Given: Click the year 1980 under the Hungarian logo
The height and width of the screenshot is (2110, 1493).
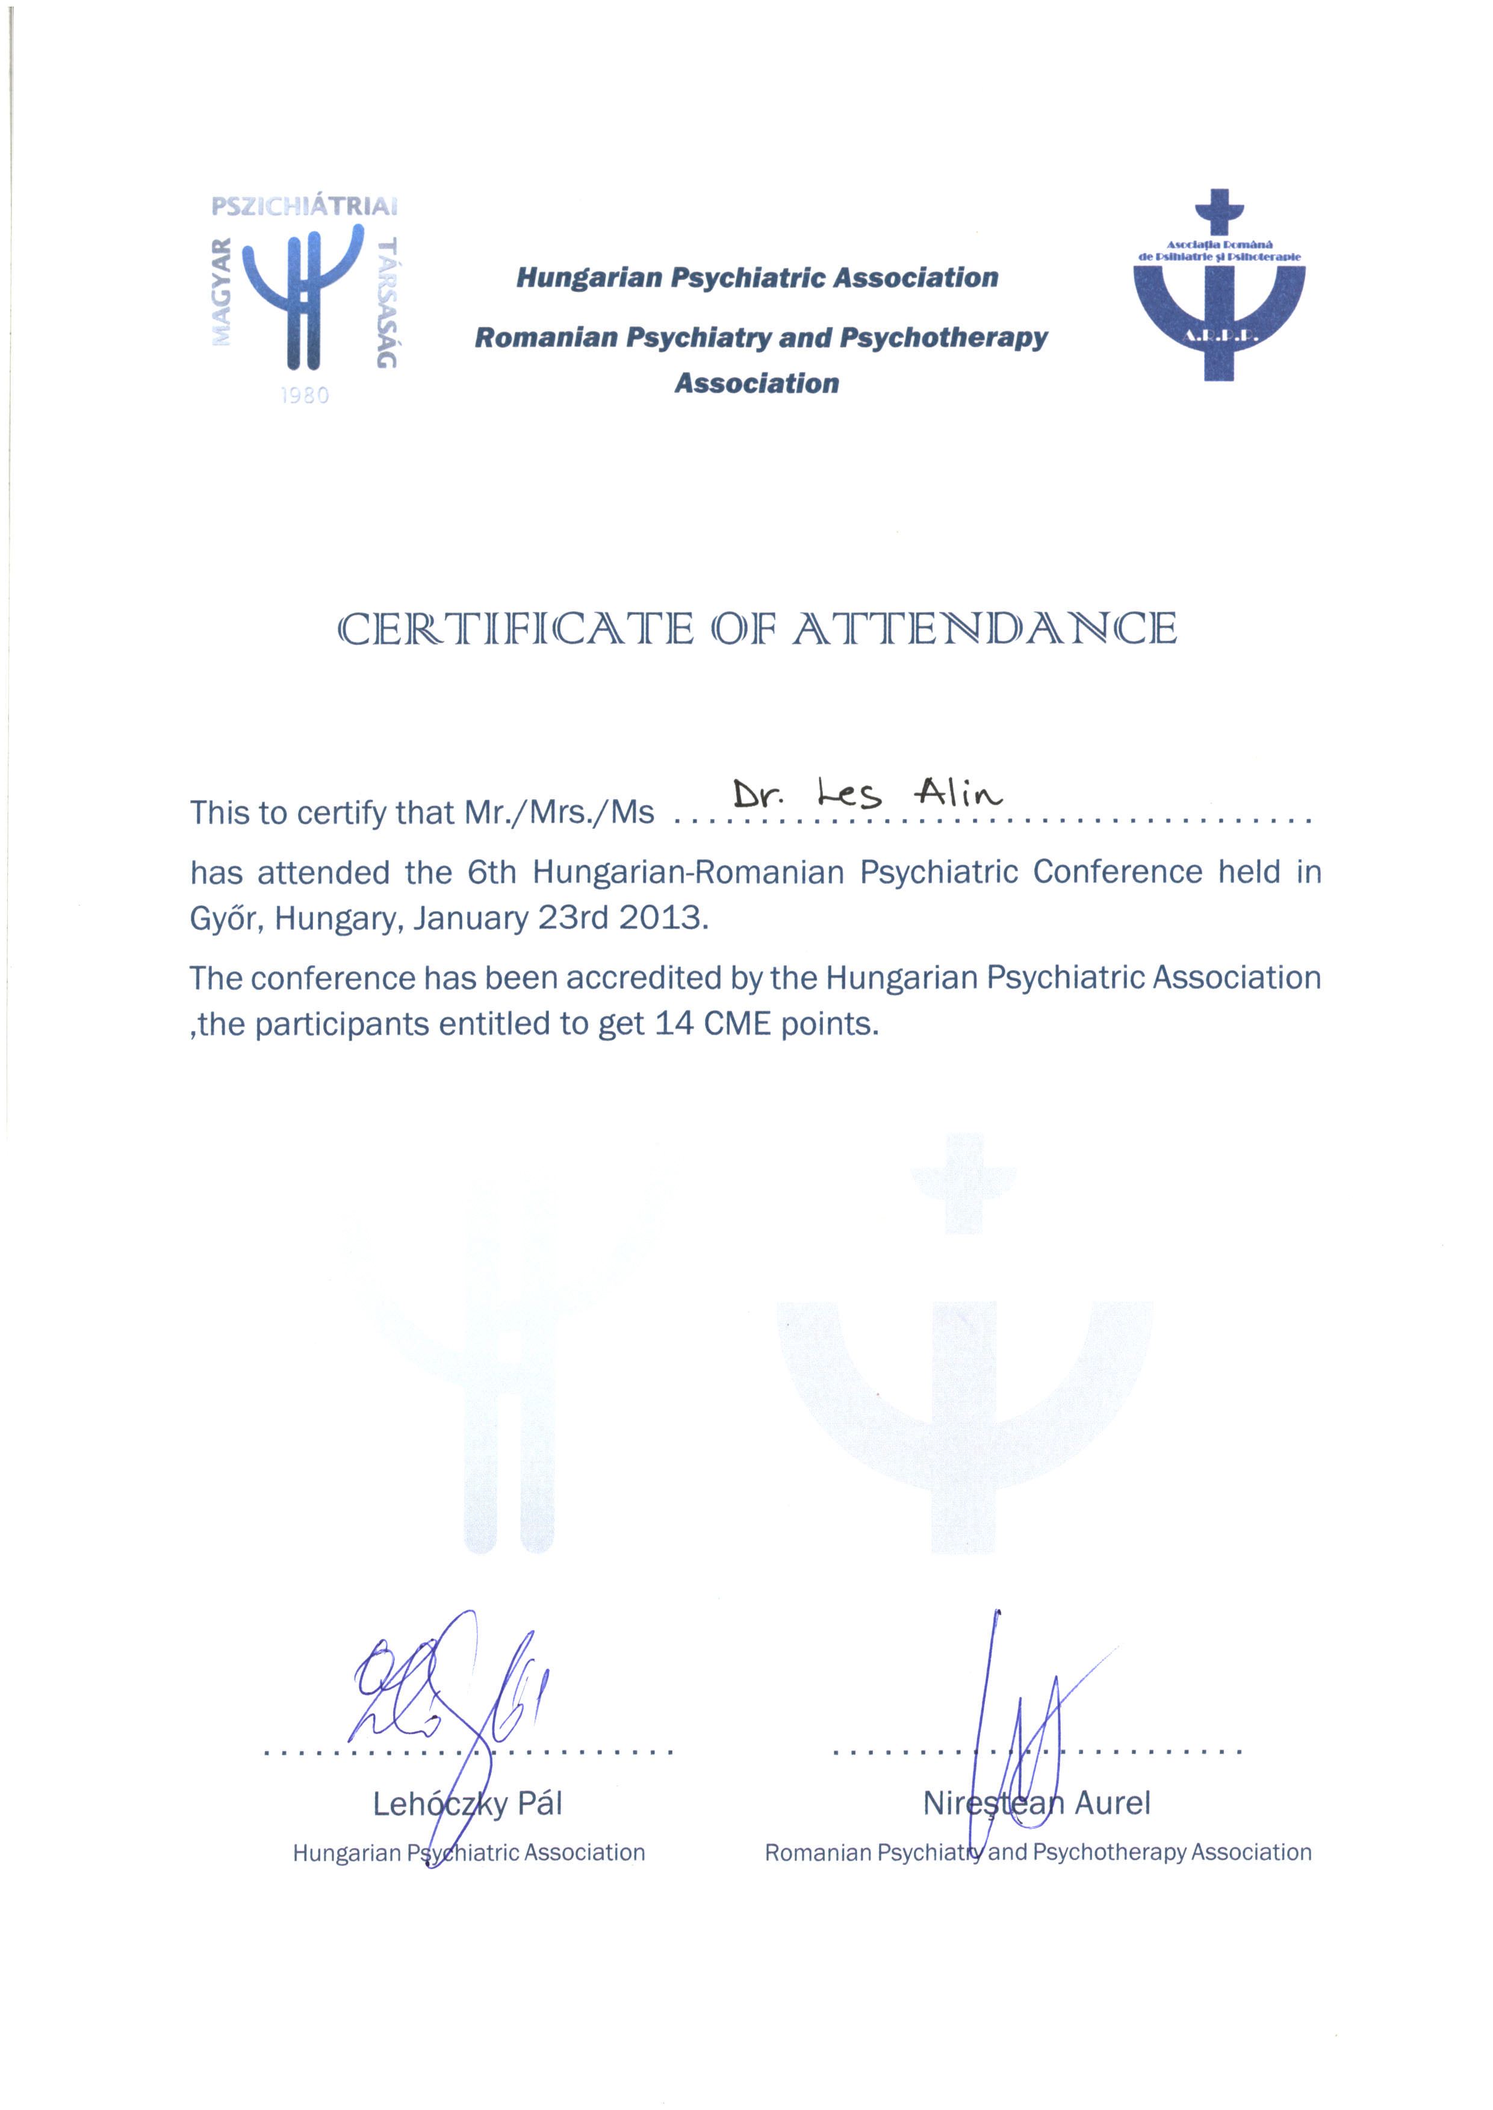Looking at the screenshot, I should pos(304,396).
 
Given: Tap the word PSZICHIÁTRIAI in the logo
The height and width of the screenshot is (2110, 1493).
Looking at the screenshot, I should pos(304,206).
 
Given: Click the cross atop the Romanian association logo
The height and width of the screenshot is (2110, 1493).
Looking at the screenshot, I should pos(1219,213).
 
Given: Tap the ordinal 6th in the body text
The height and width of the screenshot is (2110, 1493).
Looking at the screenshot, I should pos(492,871).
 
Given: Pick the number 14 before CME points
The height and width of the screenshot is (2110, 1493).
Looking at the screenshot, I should pos(674,1023).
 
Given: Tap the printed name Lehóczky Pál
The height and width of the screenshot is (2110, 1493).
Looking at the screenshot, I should pos(467,1804).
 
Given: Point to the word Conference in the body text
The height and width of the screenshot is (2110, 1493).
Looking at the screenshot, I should pos(1117,871).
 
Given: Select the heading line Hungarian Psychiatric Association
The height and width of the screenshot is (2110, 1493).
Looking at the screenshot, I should pos(757,278).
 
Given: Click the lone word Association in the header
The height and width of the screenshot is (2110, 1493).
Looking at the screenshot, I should pos(757,384).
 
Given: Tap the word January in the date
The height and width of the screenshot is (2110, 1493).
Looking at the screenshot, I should pos(470,918).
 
